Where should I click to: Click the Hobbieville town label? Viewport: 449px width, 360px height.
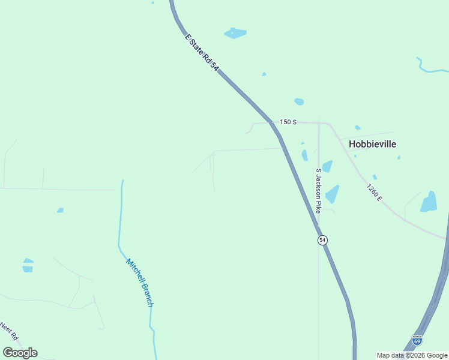(x=372, y=144)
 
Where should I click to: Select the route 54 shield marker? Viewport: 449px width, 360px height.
(x=322, y=240)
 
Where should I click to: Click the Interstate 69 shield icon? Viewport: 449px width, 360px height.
(x=417, y=340)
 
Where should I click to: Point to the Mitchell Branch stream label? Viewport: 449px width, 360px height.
(x=140, y=283)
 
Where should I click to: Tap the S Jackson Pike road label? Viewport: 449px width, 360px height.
(x=319, y=191)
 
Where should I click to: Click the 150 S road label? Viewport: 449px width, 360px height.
(x=288, y=122)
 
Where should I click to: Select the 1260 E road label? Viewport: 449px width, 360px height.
(x=374, y=192)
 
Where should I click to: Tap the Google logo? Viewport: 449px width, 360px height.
(x=20, y=353)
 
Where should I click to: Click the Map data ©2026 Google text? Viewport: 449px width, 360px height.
(x=412, y=355)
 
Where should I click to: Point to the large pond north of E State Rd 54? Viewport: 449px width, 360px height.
(x=235, y=33)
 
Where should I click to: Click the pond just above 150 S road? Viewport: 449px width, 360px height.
(x=299, y=101)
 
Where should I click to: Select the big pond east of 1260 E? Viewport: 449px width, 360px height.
(x=429, y=202)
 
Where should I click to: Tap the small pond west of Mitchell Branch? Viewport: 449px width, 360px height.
(x=60, y=210)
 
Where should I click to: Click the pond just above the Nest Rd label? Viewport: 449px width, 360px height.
(x=28, y=265)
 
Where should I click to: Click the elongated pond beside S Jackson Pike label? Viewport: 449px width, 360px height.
(x=331, y=194)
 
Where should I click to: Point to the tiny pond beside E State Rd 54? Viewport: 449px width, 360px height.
(x=264, y=74)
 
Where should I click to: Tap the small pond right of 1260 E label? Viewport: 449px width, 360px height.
(x=375, y=177)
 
